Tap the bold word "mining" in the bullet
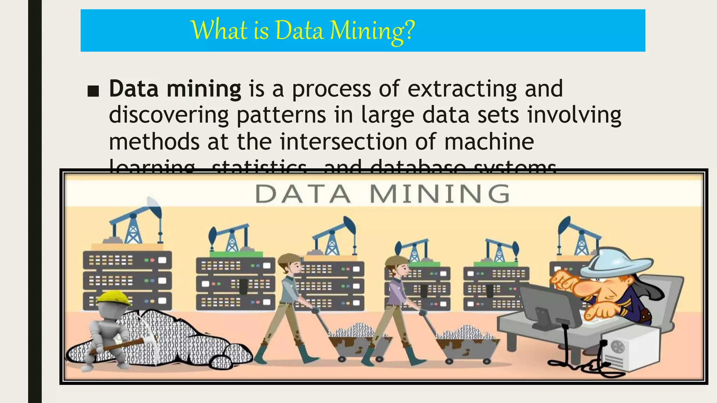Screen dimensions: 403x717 coord(204,89)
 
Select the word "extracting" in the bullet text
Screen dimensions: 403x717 coord(462,89)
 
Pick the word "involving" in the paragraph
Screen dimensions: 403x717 coord(574,115)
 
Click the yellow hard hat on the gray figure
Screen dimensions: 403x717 coord(113,298)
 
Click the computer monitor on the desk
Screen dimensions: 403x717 coord(550,304)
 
